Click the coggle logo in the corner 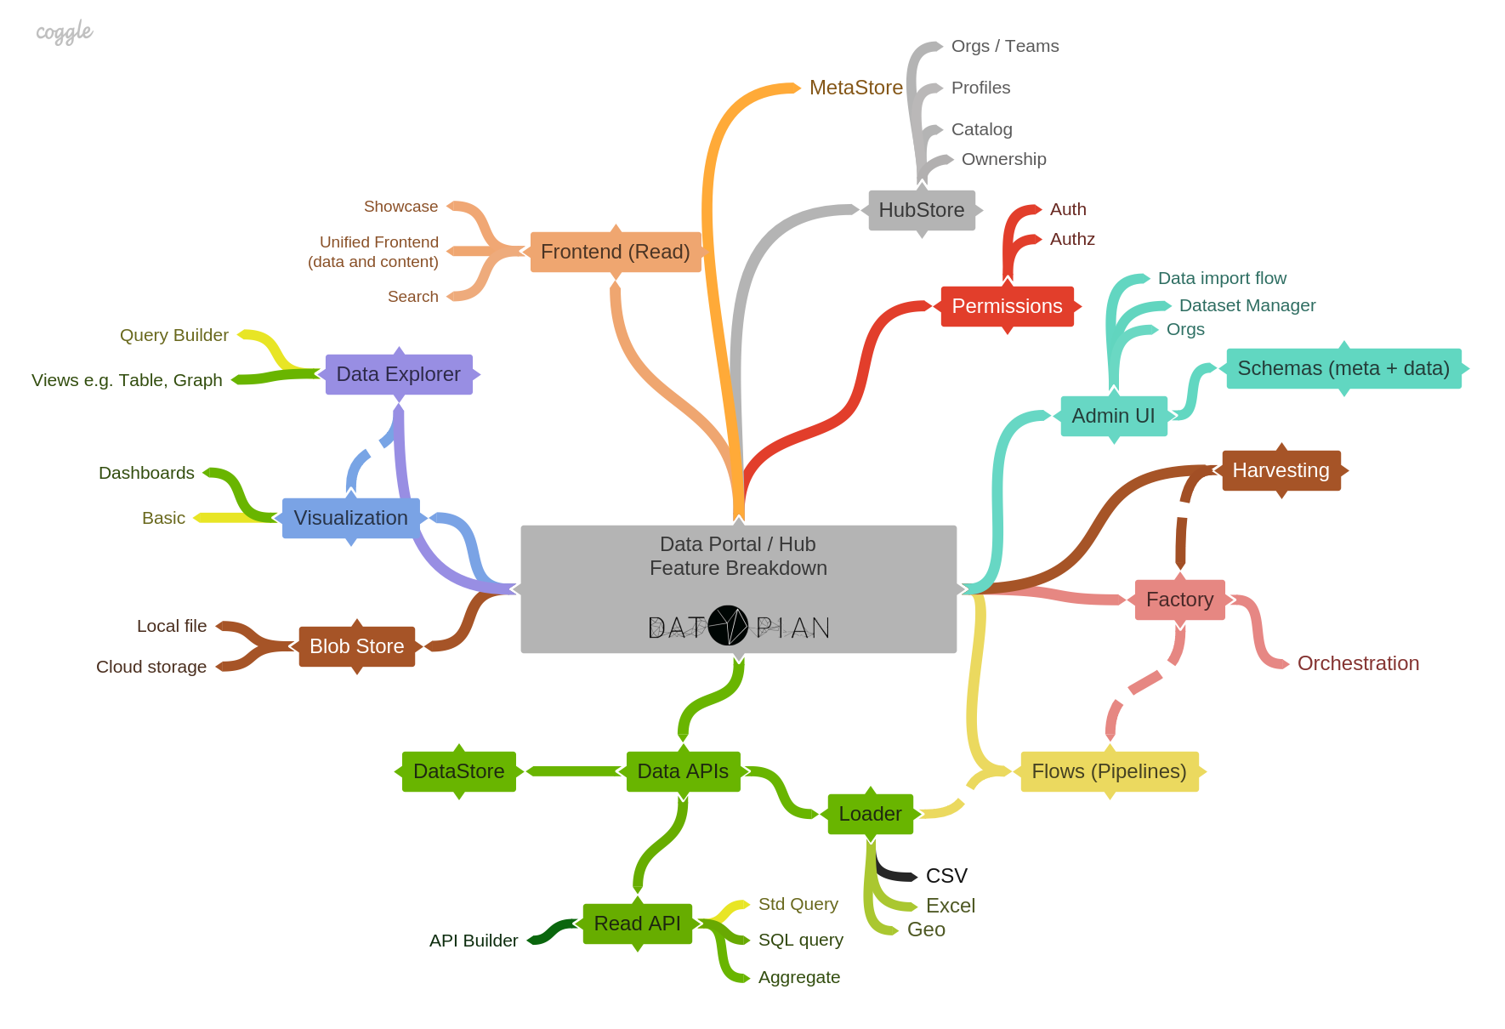pyautogui.click(x=65, y=32)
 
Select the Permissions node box pyautogui.click(x=1007, y=306)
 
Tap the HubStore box pyautogui.click(x=922, y=210)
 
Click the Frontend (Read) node pyautogui.click(x=616, y=252)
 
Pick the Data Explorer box pyautogui.click(x=399, y=374)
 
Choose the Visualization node pyautogui.click(x=351, y=518)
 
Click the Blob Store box pyautogui.click(x=357, y=646)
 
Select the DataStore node pyautogui.click(x=459, y=771)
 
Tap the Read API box pyautogui.click(x=638, y=924)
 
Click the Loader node pyautogui.click(x=871, y=814)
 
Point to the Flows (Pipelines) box pyautogui.click(x=1110, y=771)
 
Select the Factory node pyautogui.click(x=1180, y=600)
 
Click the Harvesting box pyautogui.click(x=1281, y=470)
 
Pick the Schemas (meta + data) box pyautogui.click(x=1344, y=368)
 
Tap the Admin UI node pyautogui.click(x=1114, y=416)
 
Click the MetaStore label pyautogui.click(x=856, y=88)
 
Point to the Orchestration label pyautogui.click(x=1359, y=663)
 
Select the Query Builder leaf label pyautogui.click(x=174, y=335)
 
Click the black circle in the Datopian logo pyautogui.click(x=729, y=625)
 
